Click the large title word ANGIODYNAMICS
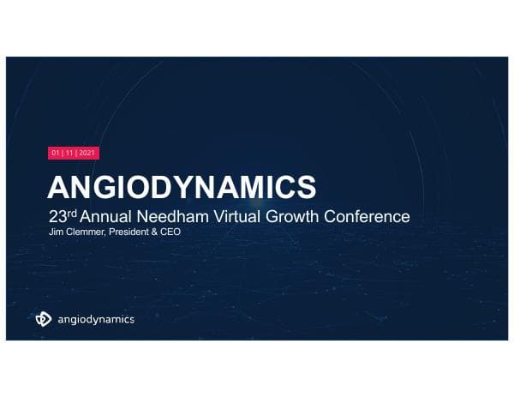181,186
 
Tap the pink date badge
74,154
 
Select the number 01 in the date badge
57,154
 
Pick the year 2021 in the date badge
88,154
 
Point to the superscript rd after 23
71,213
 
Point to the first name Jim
54,232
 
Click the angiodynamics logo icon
44,319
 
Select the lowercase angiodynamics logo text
96,320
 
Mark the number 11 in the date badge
71,154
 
